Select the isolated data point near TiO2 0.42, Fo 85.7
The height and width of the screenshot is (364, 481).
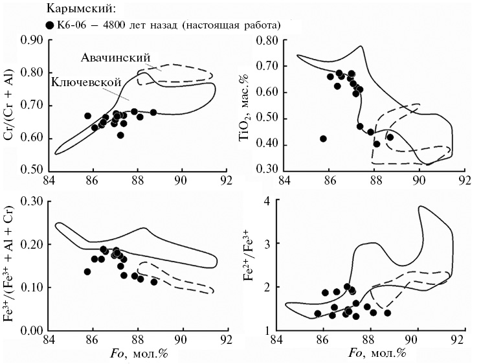pyautogui.click(x=323, y=139)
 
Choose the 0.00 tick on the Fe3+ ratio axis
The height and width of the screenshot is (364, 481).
pyautogui.click(x=32, y=331)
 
